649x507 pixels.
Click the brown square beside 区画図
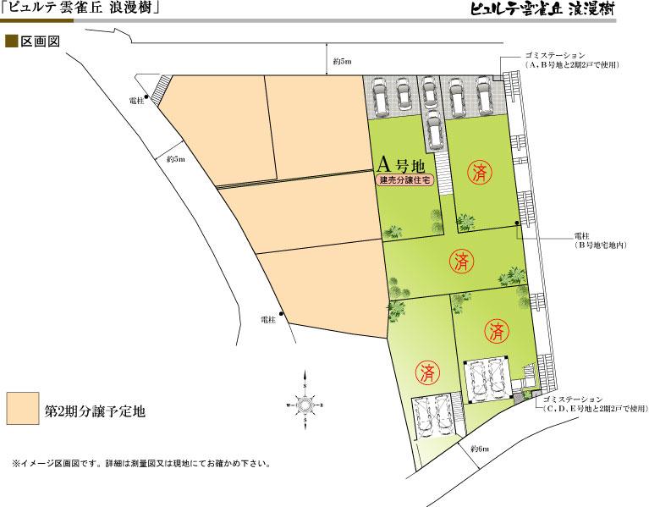pos(12,40)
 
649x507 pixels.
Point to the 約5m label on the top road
pos(344,62)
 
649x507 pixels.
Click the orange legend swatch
pos(22,409)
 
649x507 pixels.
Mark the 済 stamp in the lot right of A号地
pos(481,174)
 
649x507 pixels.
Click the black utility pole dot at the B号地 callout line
pos(518,225)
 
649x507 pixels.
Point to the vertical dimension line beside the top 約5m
pos(327,62)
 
